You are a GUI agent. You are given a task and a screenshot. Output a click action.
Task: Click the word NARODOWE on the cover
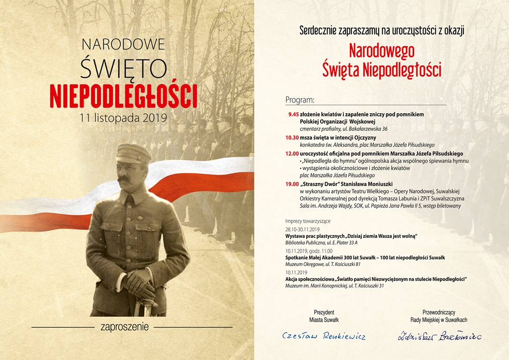click(x=123, y=44)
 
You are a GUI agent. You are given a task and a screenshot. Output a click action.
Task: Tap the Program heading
click(x=300, y=100)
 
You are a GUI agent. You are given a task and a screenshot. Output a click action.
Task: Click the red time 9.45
click(x=293, y=114)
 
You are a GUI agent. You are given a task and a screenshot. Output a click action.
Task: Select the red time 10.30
click(x=292, y=137)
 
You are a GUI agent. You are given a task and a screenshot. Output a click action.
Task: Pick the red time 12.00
click(x=292, y=154)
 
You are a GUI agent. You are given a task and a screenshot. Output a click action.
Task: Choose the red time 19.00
click(x=292, y=184)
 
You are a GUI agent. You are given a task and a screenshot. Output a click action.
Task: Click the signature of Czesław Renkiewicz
click(x=324, y=337)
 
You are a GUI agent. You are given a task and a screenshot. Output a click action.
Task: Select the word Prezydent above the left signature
click(x=324, y=312)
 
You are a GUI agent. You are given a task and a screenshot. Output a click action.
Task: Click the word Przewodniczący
click(x=439, y=312)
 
